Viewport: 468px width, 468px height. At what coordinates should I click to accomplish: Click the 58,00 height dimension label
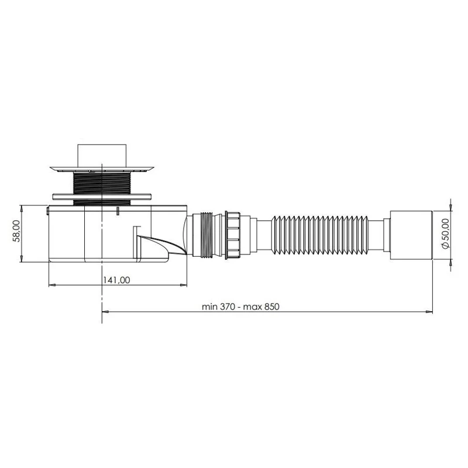16,231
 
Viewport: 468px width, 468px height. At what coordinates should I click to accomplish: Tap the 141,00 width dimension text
116,280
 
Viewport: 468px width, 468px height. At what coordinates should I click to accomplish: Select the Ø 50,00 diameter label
445,233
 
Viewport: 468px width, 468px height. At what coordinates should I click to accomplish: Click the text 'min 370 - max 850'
240,307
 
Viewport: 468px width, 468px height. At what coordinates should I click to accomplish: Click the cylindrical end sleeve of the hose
411,235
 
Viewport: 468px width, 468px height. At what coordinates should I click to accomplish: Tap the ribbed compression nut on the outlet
233,235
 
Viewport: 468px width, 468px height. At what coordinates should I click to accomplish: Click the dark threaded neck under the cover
102,188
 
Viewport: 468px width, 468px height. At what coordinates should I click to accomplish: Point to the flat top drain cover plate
102,169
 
